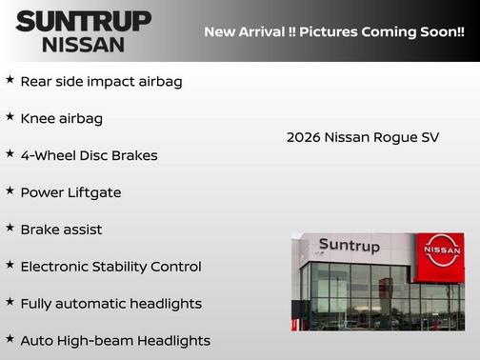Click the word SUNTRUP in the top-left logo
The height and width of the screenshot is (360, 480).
83,21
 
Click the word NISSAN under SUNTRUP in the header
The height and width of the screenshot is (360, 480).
83,44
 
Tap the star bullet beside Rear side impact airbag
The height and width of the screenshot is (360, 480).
10,80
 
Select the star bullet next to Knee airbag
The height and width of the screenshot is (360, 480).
10,117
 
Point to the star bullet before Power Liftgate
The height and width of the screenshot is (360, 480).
10,191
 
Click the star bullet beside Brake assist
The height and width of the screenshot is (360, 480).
10,229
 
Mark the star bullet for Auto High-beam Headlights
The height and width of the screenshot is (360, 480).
10,339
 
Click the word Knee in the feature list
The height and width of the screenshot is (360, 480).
38,118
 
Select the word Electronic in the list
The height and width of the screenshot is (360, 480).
57,267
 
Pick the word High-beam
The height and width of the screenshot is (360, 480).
97,340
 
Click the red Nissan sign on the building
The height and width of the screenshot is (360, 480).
440,256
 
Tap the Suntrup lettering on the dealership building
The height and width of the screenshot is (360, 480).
349,247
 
